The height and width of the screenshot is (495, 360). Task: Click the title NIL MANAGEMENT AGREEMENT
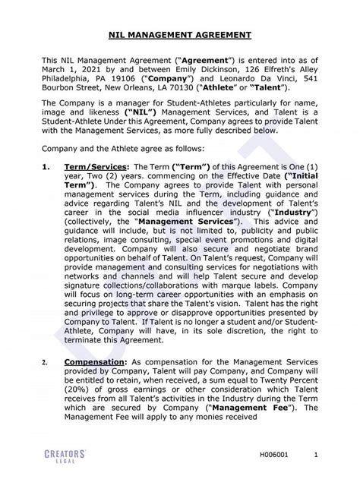[180, 34]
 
